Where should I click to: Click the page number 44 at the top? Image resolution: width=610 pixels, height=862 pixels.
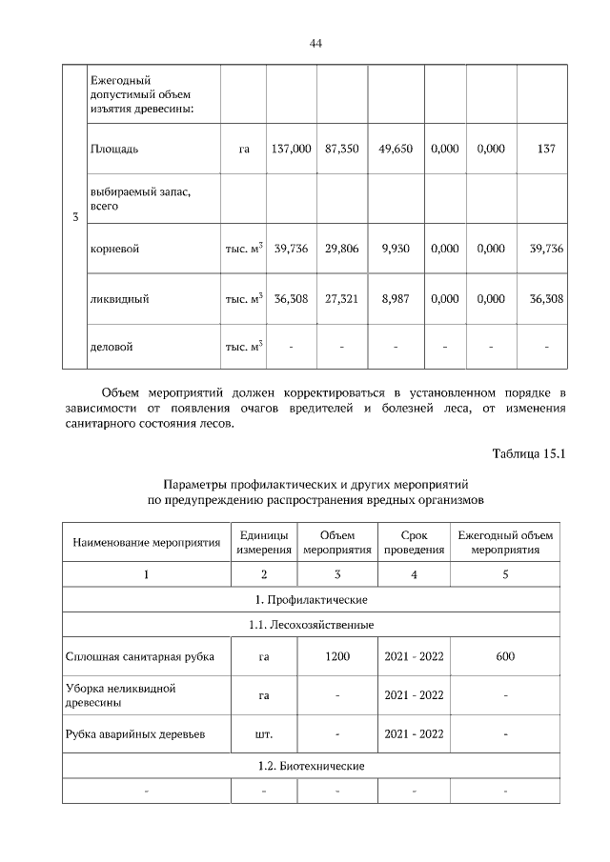[x=315, y=44]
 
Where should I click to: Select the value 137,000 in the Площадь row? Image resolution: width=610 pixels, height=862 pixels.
[x=291, y=150]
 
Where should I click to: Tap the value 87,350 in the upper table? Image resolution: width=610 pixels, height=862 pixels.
[x=341, y=150]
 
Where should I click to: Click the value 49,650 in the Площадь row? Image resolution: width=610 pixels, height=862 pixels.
[x=395, y=150]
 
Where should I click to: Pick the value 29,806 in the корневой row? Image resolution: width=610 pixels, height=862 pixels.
[x=341, y=249]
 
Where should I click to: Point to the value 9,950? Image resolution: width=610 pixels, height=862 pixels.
[x=395, y=249]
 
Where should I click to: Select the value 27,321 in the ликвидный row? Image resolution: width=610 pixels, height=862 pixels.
[x=341, y=299]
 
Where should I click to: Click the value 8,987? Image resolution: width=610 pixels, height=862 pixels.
[x=395, y=299]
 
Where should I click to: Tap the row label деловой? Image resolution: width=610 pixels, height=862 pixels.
[x=111, y=347]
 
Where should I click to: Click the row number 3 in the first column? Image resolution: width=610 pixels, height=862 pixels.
[x=74, y=218]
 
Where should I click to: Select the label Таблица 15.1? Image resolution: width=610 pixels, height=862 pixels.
[x=529, y=453]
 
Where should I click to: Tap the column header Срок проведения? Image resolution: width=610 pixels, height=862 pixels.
[x=414, y=543]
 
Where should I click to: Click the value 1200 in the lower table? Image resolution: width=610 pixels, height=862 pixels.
[x=337, y=656]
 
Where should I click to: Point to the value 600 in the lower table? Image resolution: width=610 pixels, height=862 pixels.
[x=505, y=656]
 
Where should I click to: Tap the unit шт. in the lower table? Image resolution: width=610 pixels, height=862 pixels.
[x=264, y=734]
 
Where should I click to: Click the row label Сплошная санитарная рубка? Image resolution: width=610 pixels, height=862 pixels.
[x=140, y=656]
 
